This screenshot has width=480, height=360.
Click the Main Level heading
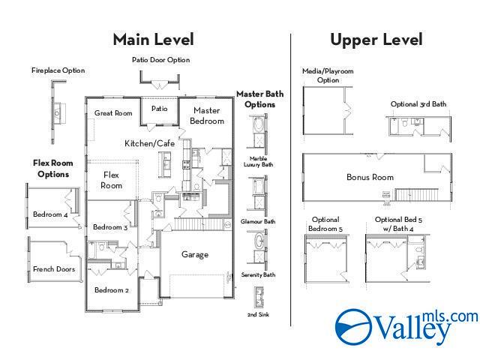153,40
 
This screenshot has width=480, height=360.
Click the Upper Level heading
376,40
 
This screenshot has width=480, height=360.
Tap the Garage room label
195,254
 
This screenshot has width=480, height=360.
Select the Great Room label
113,113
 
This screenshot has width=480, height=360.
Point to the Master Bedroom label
207,115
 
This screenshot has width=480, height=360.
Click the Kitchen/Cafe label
150,143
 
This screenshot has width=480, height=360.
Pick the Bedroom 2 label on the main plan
112,290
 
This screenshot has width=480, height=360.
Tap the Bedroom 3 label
110,227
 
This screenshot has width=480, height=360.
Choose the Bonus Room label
370,177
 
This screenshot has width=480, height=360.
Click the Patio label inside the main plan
160,109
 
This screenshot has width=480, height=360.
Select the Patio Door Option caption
161,60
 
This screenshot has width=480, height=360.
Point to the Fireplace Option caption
58,70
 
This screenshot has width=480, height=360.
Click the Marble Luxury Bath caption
258,162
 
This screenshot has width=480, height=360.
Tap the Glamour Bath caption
258,221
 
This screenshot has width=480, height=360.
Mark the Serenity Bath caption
258,275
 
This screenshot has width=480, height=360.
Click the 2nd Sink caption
258,314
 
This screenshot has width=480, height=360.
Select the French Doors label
54,269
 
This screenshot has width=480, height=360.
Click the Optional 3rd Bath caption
418,104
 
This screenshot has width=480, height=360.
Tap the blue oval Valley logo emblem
354,327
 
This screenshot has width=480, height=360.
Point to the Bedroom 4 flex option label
50,214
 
